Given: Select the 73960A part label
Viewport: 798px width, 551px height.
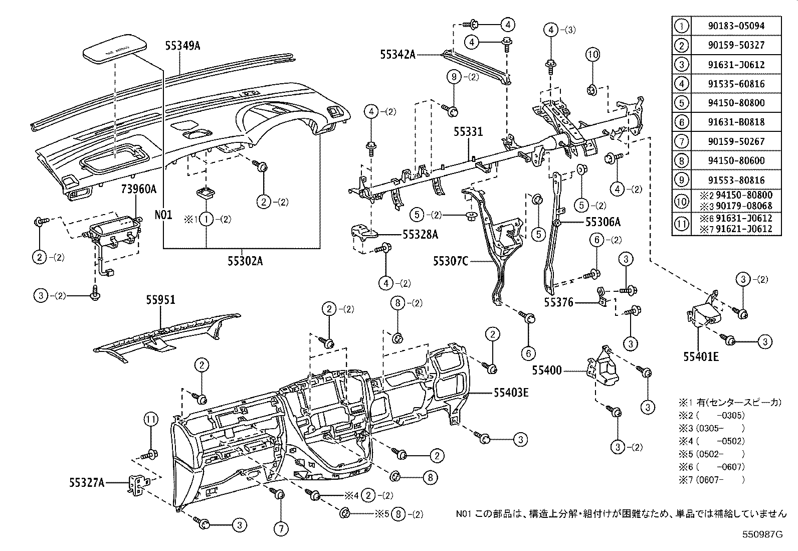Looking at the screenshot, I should point(138,189).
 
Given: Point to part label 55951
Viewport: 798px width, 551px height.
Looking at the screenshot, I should point(161,299).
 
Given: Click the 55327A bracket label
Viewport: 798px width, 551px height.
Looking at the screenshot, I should point(87,482).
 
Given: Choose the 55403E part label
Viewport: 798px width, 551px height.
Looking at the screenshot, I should point(511,393).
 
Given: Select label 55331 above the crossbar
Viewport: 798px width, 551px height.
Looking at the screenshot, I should point(468,132).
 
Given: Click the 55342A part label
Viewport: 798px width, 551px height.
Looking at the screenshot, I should point(397,54).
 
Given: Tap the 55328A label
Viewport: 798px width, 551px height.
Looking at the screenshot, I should point(420,234).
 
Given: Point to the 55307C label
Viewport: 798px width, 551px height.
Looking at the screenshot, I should point(451,261).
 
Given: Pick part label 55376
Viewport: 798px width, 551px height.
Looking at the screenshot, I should point(559,302).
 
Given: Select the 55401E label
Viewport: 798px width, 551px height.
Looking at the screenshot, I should point(701,356).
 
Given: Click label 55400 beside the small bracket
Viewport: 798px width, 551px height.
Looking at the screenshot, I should point(547,371).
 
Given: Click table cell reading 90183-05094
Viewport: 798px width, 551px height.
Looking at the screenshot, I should point(736,26).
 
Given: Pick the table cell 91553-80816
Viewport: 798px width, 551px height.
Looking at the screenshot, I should point(736,180).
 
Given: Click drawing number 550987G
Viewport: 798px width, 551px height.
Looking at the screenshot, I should point(762,534).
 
